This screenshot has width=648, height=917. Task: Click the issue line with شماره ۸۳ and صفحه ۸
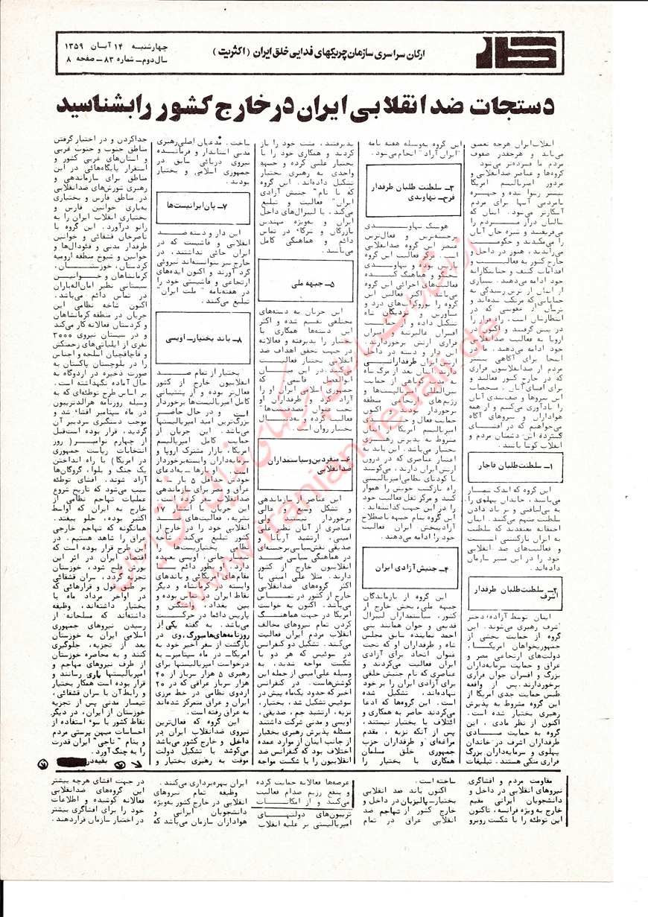coord(102,58)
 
